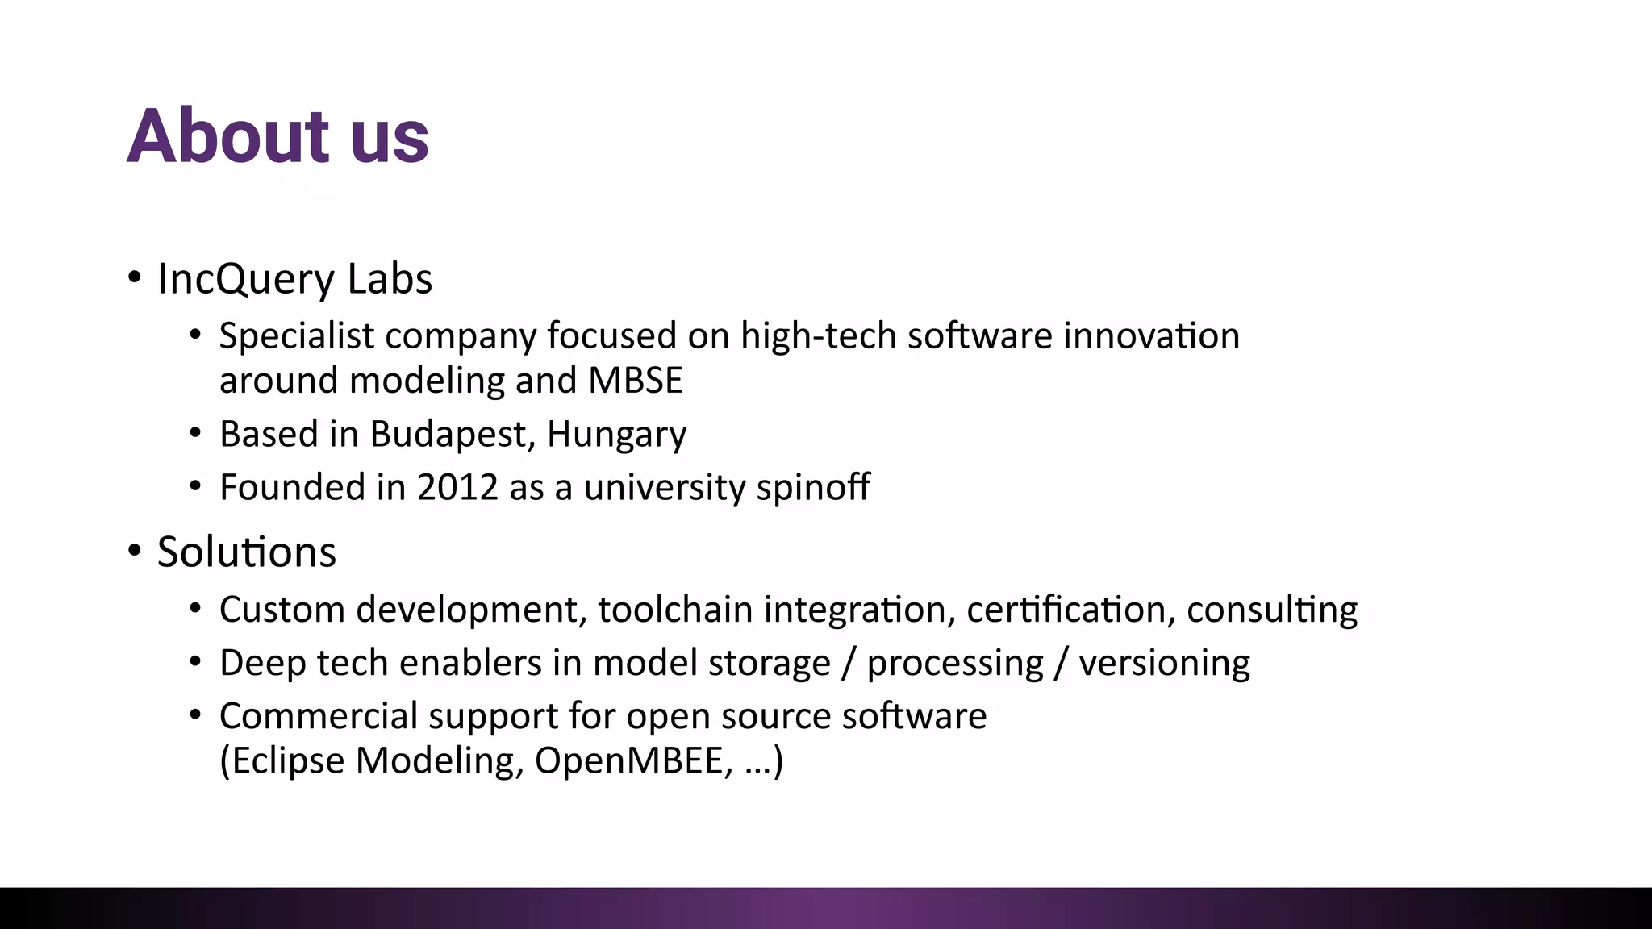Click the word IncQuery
[246, 279]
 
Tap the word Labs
[390, 279]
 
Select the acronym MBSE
[635, 380]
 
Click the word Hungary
[616, 435]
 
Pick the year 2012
[457, 487]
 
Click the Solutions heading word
[246, 552]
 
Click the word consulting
[1272, 610]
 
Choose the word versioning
[1164, 664]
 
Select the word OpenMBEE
[633, 760]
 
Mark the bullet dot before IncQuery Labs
[135, 278]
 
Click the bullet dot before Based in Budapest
[195, 434]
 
